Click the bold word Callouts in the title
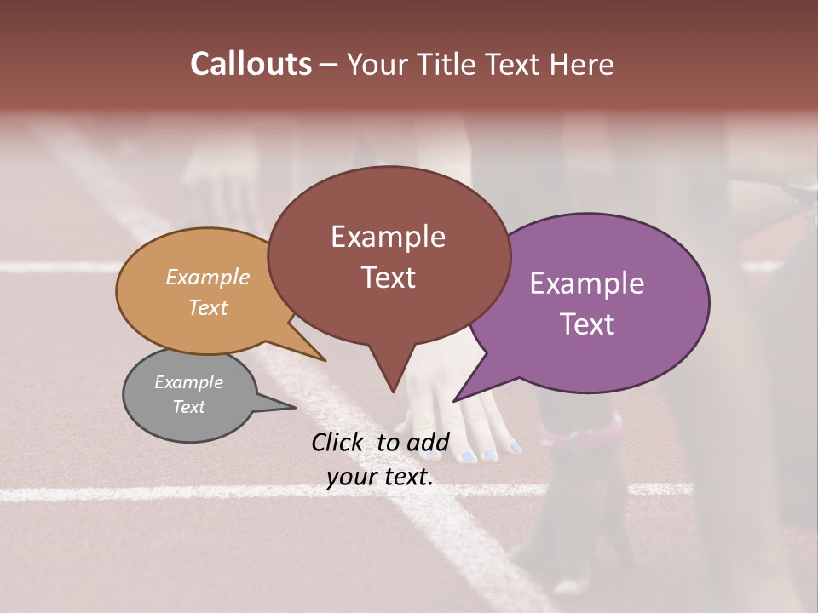pos(251,64)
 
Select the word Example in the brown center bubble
pos(388,237)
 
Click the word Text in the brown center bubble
pos(388,278)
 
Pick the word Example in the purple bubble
pos(587,284)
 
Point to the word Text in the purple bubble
pos(587,324)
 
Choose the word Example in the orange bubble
pos(207,277)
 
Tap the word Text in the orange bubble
pos(207,307)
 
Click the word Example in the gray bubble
pos(188,382)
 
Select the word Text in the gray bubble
pos(188,407)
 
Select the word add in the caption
pos(428,442)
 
